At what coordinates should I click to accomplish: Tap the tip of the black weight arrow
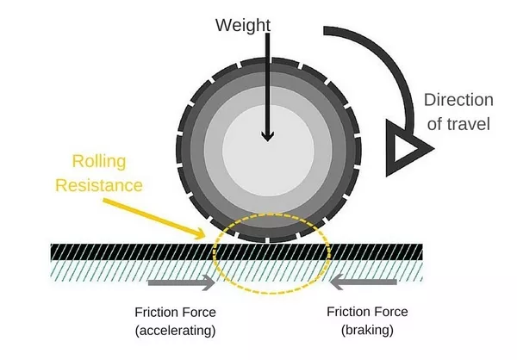pyautogui.click(x=267, y=138)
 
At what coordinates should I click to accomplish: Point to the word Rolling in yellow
pyautogui.click(x=97, y=162)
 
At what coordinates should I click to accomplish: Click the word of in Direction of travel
pyautogui.click(x=433, y=124)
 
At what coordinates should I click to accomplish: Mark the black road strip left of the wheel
pyautogui.click(x=103, y=251)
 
